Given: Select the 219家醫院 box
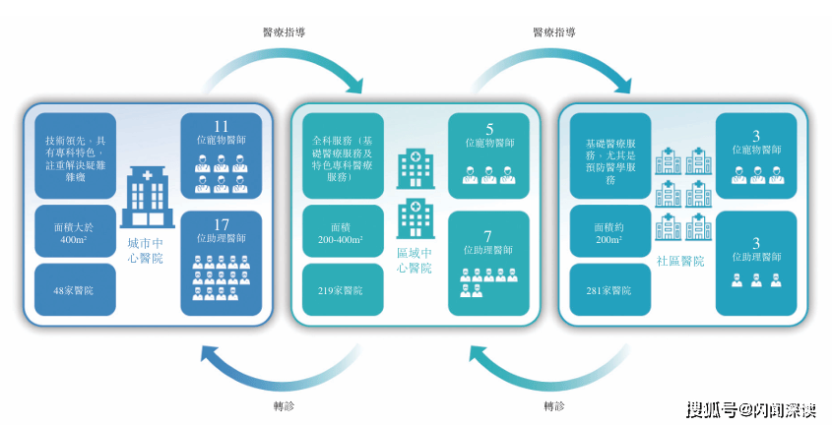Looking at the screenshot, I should point(342,290).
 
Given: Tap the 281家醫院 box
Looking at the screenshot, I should point(609,290).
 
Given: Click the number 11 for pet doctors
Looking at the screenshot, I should point(221,126).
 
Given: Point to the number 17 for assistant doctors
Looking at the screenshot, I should point(221,224).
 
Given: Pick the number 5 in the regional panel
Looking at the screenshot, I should point(489,128).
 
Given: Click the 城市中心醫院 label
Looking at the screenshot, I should point(147,250).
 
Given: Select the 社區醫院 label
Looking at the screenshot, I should point(680,261).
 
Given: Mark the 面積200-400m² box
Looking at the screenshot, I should point(342,232).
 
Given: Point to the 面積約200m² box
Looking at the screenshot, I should point(609,232).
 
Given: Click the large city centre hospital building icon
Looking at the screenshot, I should point(147,198).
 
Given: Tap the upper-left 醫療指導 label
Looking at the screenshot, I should point(283,31).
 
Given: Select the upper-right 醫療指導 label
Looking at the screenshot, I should point(553,31).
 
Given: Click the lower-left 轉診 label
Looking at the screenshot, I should point(283,405).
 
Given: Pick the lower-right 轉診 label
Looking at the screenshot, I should point(554,405).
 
